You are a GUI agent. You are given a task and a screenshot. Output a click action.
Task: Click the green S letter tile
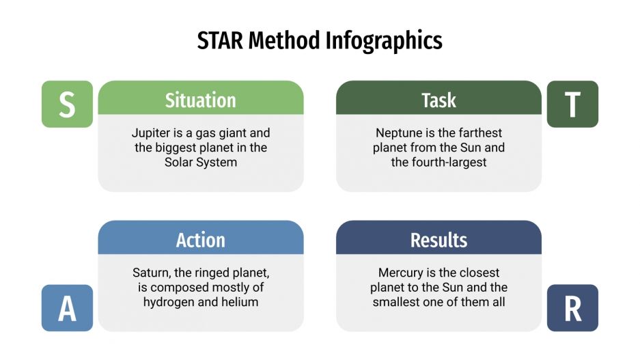(67, 104)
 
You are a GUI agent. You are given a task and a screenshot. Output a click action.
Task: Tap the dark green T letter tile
(572, 104)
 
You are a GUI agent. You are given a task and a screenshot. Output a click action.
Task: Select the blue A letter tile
(67, 308)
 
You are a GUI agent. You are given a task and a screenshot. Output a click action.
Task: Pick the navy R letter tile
(572, 308)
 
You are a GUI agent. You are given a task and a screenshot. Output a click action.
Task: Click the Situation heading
(200, 100)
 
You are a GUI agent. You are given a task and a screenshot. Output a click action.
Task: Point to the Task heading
(439, 100)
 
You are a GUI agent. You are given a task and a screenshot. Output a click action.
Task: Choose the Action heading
(200, 240)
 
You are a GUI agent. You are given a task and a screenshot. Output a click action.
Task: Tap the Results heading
(439, 240)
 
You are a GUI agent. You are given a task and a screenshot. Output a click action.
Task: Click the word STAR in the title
(220, 41)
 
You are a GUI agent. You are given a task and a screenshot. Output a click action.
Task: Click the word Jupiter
(152, 133)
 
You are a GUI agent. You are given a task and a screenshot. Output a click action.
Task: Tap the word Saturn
(152, 273)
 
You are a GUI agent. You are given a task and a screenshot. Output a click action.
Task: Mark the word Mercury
(401, 273)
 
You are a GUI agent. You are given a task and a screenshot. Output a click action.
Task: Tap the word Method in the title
(285, 41)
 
